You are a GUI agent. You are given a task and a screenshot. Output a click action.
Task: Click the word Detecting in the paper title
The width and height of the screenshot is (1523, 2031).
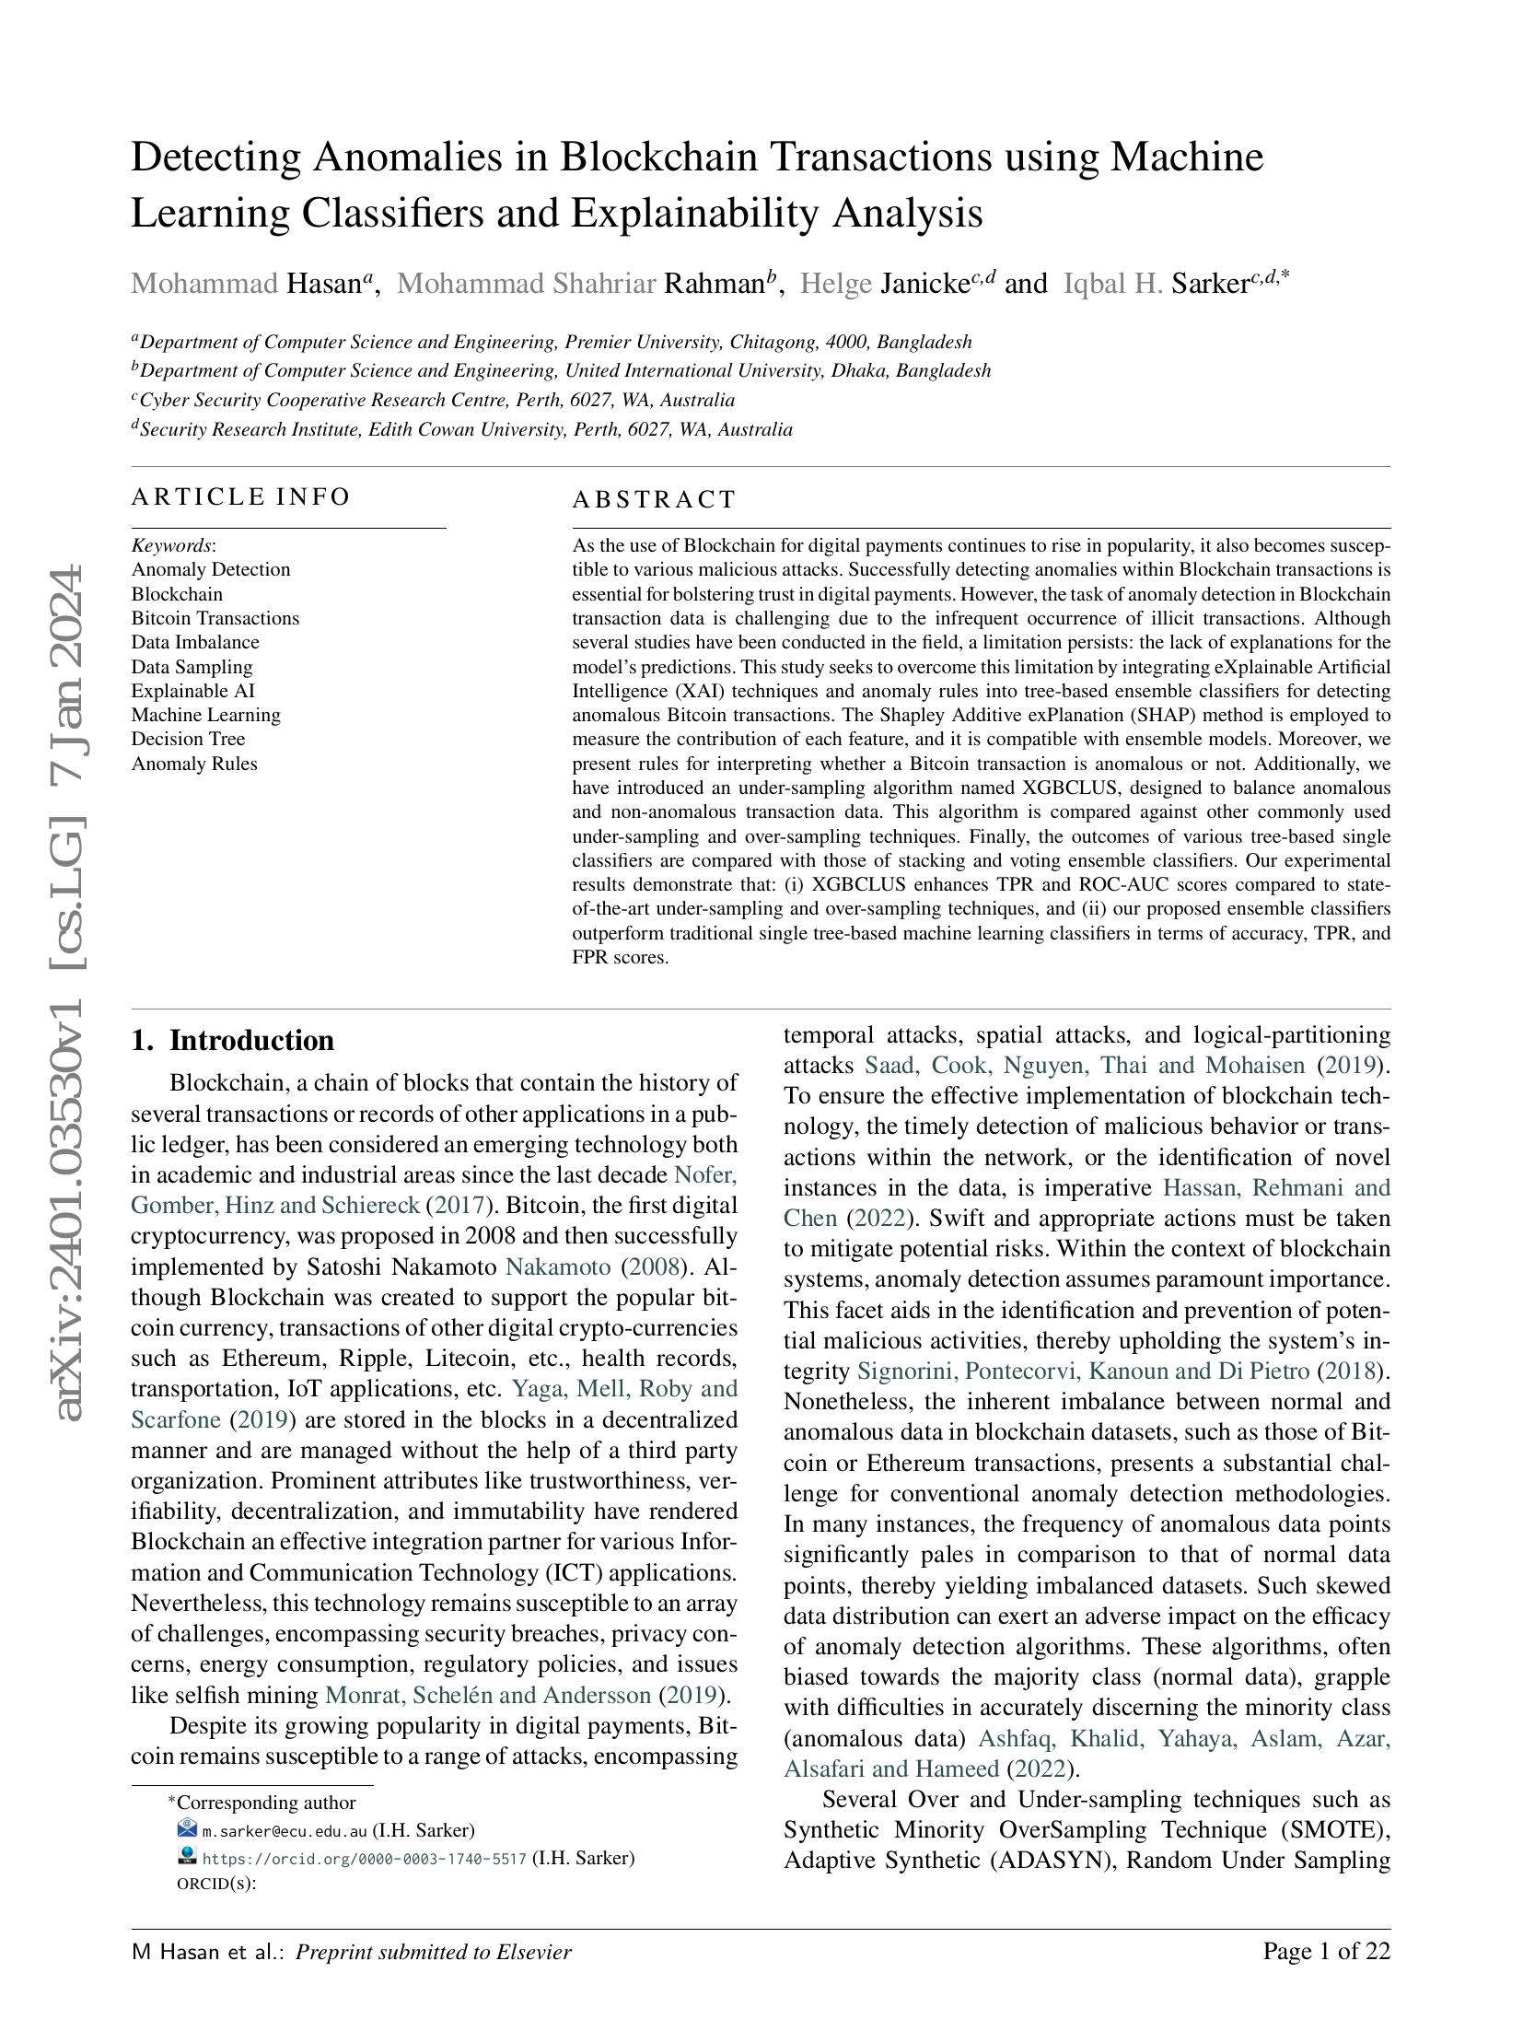tap(215, 158)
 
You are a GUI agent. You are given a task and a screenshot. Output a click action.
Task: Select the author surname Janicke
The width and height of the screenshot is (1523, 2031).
tap(924, 284)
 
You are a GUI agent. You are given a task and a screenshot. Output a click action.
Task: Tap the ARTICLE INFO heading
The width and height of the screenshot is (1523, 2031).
tap(240, 497)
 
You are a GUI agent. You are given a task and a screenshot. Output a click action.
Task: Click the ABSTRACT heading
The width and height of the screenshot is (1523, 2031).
tap(654, 500)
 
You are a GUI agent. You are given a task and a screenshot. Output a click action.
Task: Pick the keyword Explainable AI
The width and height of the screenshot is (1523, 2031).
tap(192, 691)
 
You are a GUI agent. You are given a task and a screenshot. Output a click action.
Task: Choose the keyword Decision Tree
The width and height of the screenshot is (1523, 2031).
tap(188, 739)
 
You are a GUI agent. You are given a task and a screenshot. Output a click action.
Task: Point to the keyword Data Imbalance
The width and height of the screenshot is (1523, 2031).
tap(195, 642)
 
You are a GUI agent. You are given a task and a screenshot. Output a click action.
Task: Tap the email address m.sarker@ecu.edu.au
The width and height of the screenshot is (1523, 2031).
tap(284, 1831)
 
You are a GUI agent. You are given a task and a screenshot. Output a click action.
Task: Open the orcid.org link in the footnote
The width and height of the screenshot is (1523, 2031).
tap(364, 1859)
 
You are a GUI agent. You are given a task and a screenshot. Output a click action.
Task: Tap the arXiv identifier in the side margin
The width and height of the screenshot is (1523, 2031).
tap(71, 995)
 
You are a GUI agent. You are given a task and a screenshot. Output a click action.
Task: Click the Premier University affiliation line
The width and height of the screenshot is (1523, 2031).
tap(552, 343)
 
